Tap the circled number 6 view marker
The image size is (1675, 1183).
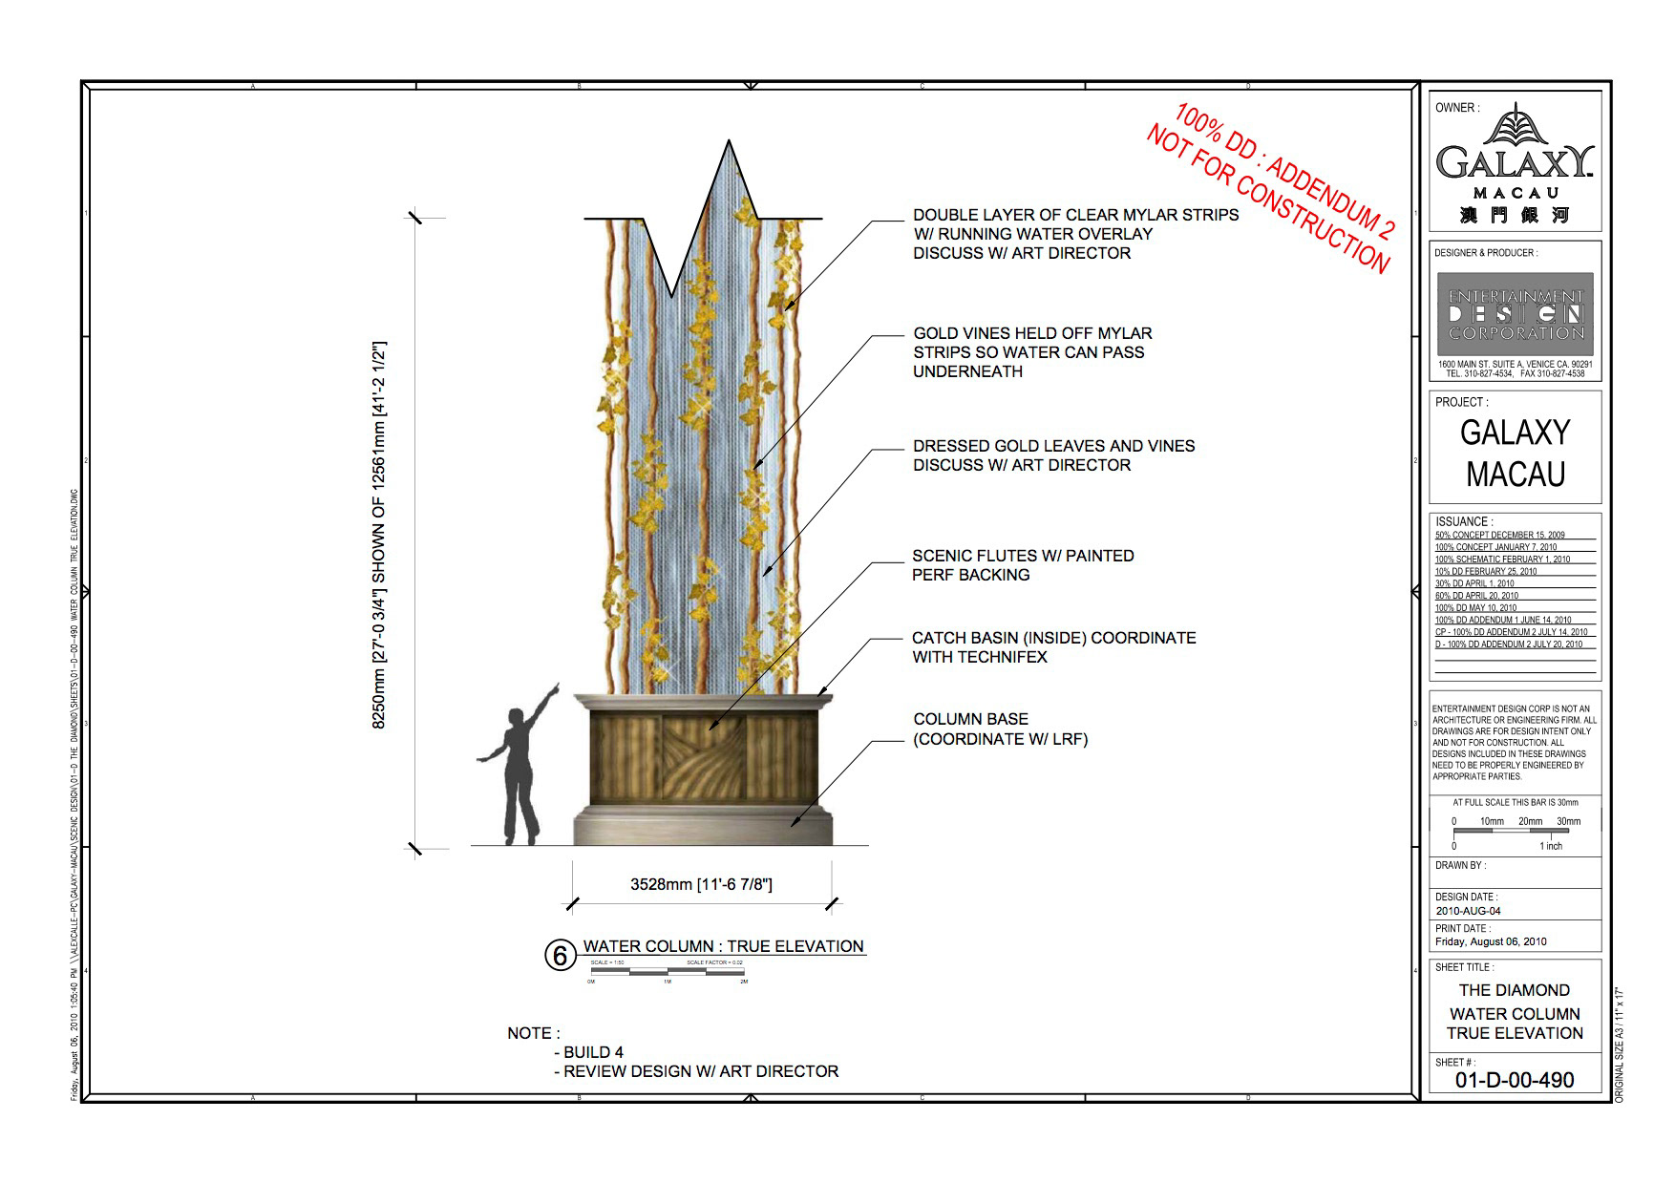pos(561,955)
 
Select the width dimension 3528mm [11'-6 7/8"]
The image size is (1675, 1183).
pos(701,885)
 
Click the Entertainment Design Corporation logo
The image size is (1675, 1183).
pos(1516,314)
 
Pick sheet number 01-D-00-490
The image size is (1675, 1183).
pos(1515,1080)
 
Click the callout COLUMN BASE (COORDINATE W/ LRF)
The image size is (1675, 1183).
pos(1000,729)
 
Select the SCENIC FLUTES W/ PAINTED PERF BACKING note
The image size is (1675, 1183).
pos(1022,565)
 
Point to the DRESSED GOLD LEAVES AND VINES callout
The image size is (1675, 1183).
pos(1053,455)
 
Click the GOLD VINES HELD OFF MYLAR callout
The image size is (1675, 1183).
pos(1031,352)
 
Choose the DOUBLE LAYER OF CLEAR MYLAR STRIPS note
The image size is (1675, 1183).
pos(1075,234)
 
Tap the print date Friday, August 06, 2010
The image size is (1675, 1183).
pos(1491,941)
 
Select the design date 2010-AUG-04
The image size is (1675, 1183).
pos(1468,911)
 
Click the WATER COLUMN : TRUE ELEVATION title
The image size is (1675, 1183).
pos(723,946)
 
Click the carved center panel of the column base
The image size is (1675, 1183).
pos(704,759)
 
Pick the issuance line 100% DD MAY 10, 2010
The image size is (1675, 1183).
pos(1475,607)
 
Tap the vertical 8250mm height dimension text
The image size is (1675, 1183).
pos(378,535)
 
